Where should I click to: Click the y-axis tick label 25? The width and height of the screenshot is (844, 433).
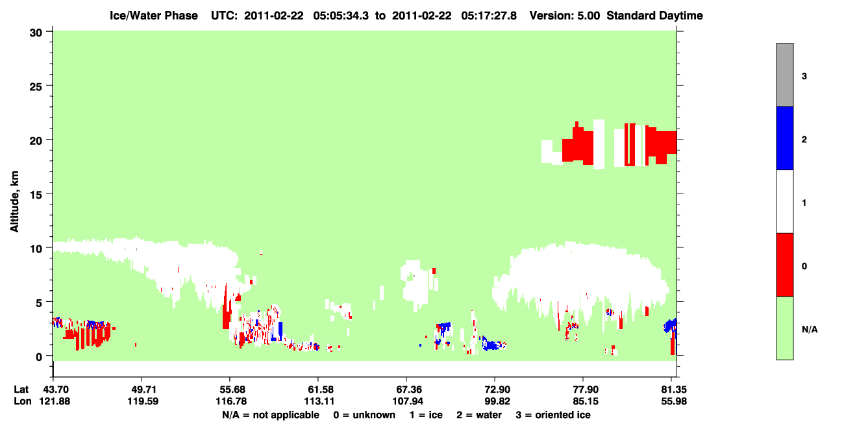tap(36, 86)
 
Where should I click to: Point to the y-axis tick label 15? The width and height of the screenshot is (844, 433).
tap(36, 195)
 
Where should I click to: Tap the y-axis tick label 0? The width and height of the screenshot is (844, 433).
tap(39, 357)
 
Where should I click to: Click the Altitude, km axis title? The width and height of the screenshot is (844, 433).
tap(14, 202)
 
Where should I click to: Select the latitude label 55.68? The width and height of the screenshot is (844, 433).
tap(233, 390)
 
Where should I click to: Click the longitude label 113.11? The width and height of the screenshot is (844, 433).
tap(319, 401)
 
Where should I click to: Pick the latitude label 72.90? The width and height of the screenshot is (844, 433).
tap(497, 390)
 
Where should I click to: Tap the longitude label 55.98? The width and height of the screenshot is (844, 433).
tap(674, 401)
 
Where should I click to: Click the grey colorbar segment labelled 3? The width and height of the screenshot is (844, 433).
tap(785, 75)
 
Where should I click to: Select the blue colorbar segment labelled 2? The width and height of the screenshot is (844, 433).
tap(785, 138)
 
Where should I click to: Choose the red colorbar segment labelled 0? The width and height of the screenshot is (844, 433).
tap(785, 265)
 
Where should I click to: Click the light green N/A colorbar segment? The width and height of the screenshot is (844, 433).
tap(785, 328)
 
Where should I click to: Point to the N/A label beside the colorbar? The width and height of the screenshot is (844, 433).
tap(810, 329)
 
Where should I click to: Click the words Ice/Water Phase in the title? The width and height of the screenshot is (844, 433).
tap(154, 16)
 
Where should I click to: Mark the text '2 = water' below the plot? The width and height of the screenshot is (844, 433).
tap(479, 415)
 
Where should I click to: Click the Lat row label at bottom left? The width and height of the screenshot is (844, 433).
tap(21, 390)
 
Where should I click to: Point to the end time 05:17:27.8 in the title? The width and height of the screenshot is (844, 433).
tap(489, 16)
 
